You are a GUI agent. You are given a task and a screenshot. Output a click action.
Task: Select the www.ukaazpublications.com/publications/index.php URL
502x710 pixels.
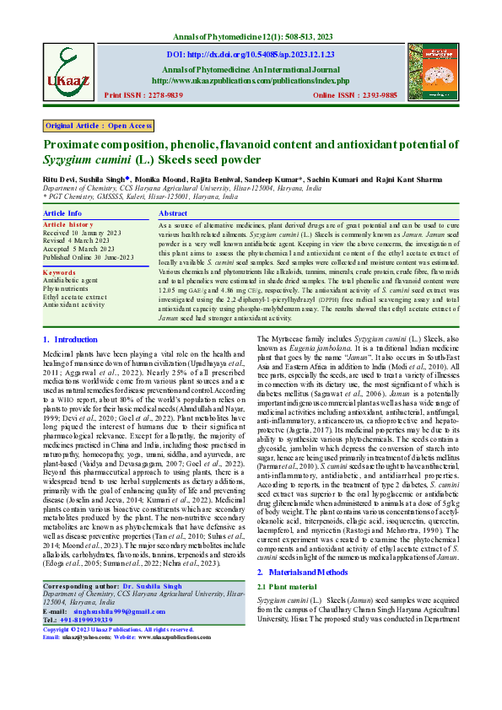pos(251,81)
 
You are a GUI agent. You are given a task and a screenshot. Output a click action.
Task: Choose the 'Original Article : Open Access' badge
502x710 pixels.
pos(98,126)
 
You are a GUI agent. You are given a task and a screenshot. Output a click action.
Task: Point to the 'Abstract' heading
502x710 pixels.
pos(173,214)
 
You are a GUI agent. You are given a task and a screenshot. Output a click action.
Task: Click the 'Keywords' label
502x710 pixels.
pos(59,272)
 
